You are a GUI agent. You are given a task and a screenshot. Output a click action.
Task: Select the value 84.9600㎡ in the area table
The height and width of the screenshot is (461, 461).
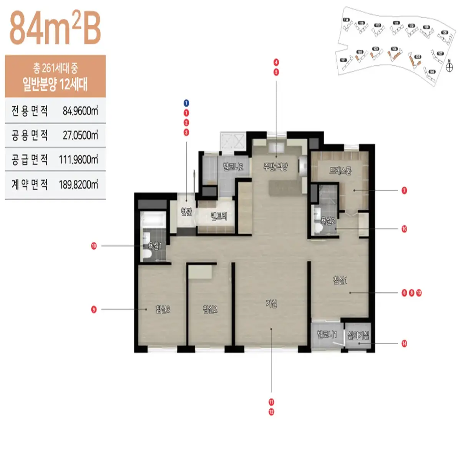point(80,111)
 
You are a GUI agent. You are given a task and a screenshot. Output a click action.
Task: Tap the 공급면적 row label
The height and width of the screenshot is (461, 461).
point(30,159)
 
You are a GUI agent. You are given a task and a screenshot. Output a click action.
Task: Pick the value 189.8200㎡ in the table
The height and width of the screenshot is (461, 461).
point(78,185)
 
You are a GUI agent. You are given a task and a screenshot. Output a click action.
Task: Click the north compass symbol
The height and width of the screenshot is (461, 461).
point(449,66)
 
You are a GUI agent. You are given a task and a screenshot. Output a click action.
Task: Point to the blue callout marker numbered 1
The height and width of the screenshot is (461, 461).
point(186,103)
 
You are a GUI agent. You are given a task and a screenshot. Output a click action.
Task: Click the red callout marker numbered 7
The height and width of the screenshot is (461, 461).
point(404,191)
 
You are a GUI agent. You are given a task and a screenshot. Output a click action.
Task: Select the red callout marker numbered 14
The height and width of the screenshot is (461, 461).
point(404,343)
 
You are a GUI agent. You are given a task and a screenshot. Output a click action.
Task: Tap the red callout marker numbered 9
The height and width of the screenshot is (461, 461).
point(94,309)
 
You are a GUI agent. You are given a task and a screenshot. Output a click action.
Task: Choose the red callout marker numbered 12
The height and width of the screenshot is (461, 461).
point(271,412)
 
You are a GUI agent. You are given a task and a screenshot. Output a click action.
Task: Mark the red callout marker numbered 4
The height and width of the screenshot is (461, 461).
point(276,62)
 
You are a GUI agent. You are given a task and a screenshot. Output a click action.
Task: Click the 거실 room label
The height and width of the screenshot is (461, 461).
point(271,304)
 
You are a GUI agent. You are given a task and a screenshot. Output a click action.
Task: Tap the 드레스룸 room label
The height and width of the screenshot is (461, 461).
point(340,171)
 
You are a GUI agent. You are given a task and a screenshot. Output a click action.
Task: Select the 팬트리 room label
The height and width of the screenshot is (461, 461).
point(219,216)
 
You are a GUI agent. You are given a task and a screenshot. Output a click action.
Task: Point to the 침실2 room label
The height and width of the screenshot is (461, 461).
point(210,309)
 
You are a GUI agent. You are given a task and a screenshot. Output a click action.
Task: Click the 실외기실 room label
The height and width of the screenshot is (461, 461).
point(358,335)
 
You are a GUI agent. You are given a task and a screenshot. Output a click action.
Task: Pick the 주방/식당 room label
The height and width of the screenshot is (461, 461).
point(275,167)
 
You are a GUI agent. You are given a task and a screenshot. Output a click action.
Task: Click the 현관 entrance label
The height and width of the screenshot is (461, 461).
point(186,212)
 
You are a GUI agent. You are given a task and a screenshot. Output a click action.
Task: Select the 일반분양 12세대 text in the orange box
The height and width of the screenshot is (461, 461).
point(55,84)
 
